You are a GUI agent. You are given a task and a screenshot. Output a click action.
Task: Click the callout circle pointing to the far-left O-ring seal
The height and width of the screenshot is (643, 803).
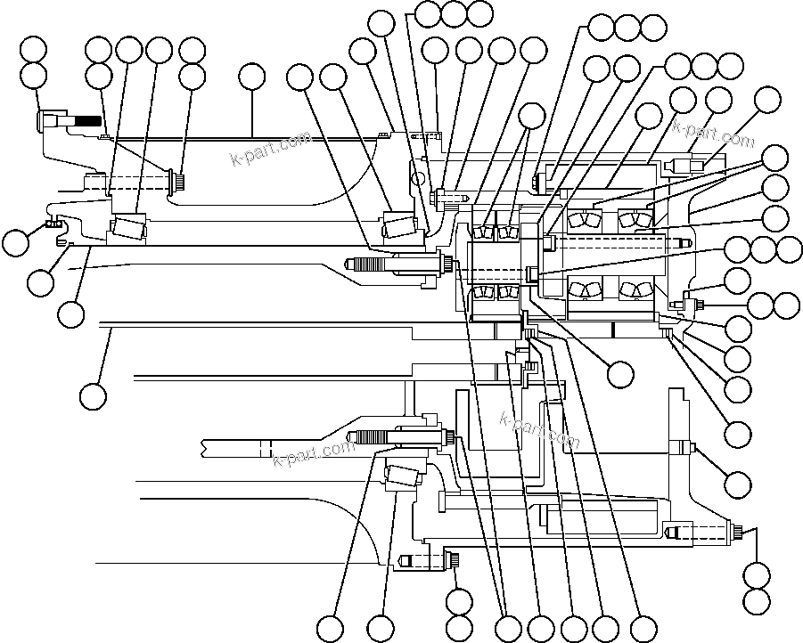(x=15, y=242)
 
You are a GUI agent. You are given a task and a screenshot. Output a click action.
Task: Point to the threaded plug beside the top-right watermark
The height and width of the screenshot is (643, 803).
(x=689, y=165)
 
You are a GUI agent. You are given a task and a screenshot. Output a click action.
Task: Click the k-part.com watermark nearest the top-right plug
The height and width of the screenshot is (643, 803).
(x=713, y=133)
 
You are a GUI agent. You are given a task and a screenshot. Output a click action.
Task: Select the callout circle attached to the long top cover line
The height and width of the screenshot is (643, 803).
(x=252, y=79)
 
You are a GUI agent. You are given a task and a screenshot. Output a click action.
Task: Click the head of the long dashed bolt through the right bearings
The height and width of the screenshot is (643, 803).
(x=550, y=241)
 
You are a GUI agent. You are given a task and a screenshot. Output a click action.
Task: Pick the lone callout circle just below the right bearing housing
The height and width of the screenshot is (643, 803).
(x=620, y=373)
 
